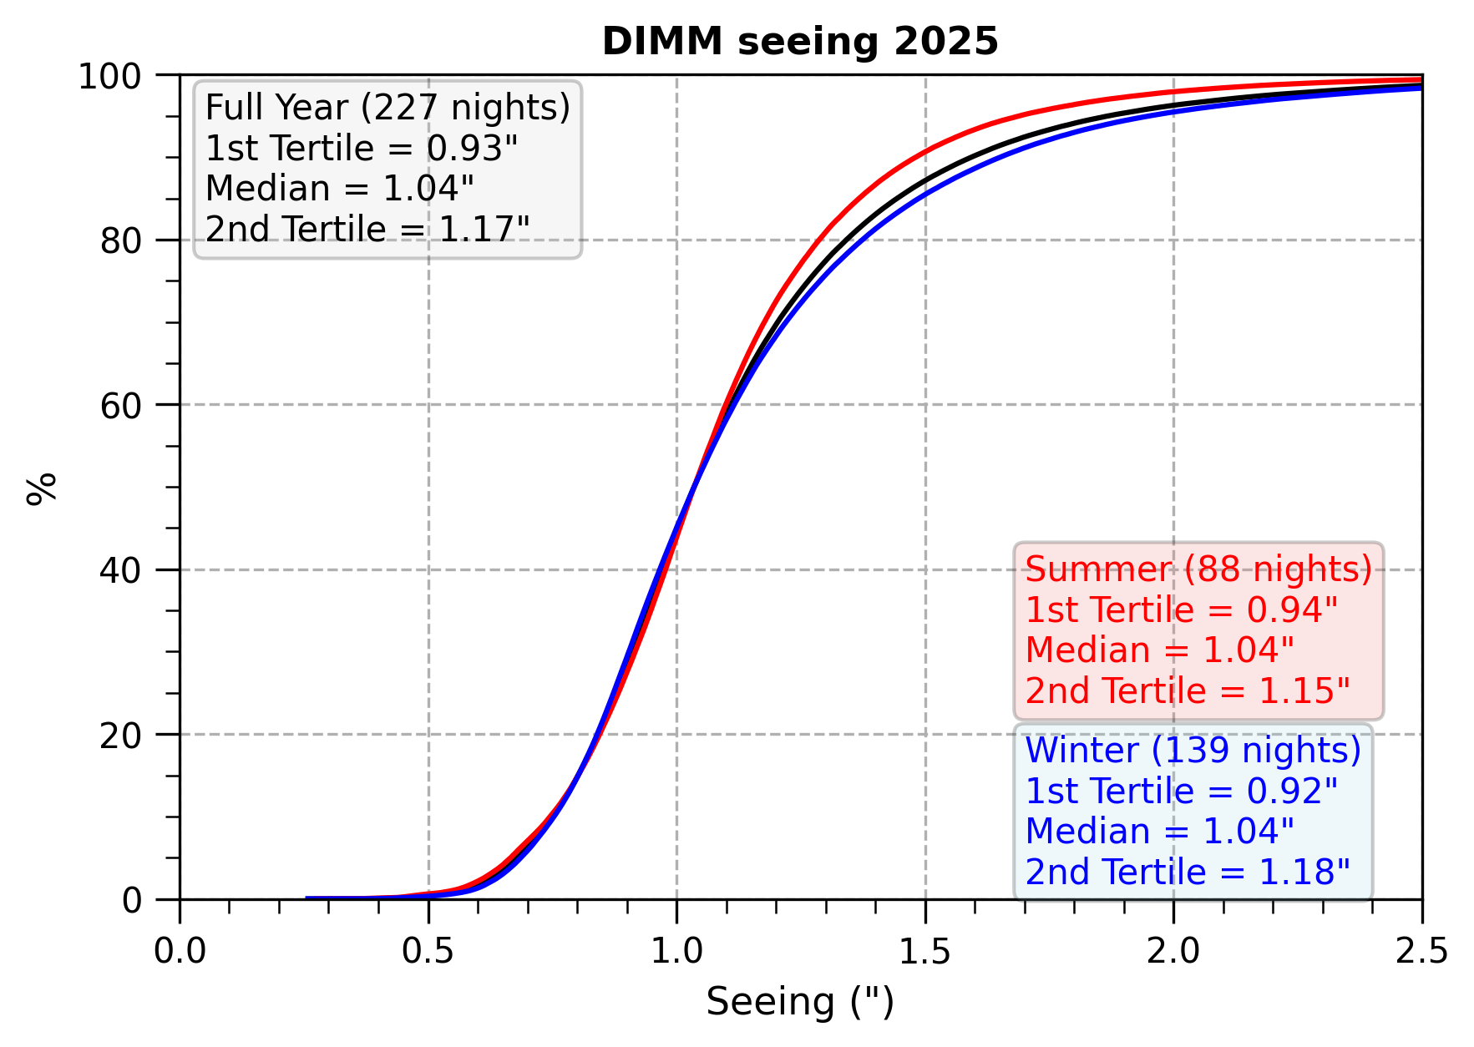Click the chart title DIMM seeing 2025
(800, 42)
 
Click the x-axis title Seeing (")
(800, 1002)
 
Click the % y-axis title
(41, 488)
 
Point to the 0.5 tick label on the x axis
(428, 952)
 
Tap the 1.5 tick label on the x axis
(925, 952)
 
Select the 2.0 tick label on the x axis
(1173, 952)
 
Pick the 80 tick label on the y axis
(122, 241)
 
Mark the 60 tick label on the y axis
(122, 406)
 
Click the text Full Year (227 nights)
(387, 108)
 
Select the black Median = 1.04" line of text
(340, 189)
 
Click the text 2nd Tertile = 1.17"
(367, 230)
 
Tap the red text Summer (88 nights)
(1198, 569)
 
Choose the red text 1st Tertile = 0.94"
(1182, 610)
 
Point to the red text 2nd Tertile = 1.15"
(1188, 691)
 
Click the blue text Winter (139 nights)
(1193, 751)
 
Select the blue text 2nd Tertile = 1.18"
(1188, 872)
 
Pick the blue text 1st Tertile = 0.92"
(1182, 792)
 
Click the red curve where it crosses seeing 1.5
(925, 152)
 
